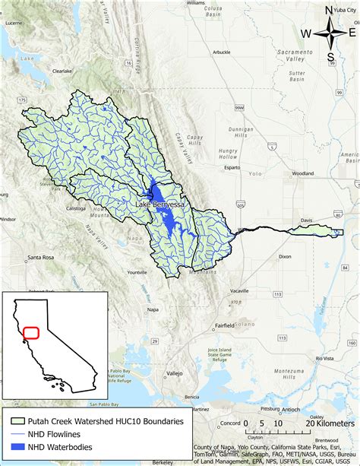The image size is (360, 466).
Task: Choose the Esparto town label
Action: click(232, 166)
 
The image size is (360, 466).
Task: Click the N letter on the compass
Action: click(328, 10)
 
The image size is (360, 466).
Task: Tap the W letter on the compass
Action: click(305, 33)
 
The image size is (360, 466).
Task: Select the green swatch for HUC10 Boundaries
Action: click(16, 420)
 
